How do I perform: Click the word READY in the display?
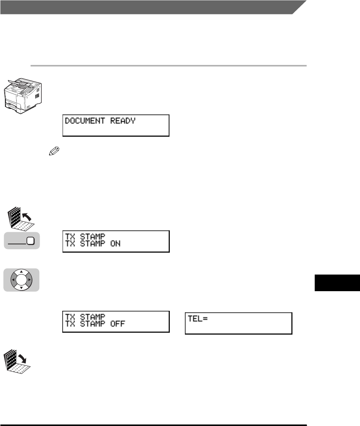click(x=123, y=121)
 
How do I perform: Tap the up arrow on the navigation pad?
click(x=21, y=272)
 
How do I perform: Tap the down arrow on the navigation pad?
click(x=21, y=288)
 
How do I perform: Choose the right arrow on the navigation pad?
click(x=29, y=280)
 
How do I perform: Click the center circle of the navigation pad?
click(x=21, y=280)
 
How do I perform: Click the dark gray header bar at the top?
click(x=151, y=7)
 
